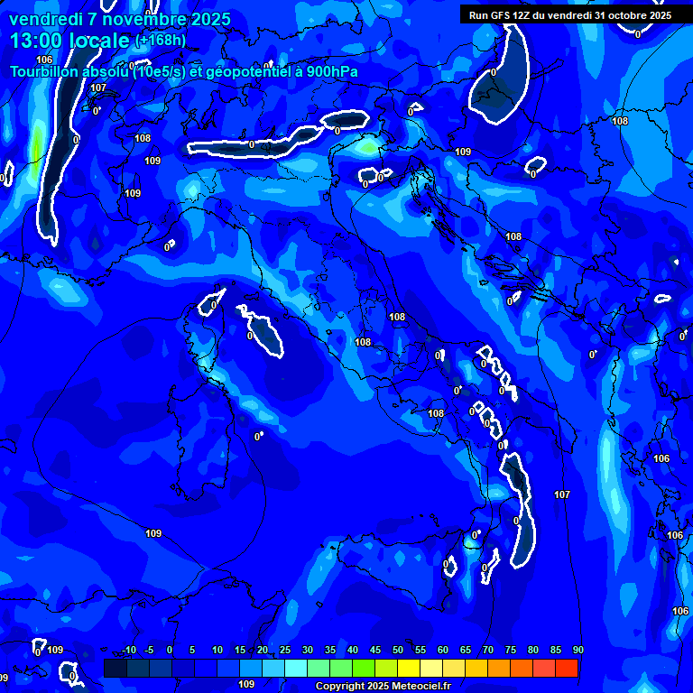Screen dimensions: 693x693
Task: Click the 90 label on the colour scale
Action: pyautogui.click(x=577, y=651)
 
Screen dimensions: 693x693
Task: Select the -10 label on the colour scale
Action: pyautogui.click(x=128, y=651)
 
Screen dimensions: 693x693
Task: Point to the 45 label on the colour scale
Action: pyautogui.click(x=374, y=651)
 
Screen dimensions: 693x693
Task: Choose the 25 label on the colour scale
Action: pyautogui.click(x=284, y=651)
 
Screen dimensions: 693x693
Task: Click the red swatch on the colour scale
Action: pyautogui.click(x=567, y=668)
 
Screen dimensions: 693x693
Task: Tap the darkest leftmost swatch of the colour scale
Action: pyautogui.click(x=115, y=668)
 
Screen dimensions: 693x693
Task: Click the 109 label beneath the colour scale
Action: pyautogui.click(x=246, y=684)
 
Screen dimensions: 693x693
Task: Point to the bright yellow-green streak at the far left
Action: pyautogui.click(x=36, y=149)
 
